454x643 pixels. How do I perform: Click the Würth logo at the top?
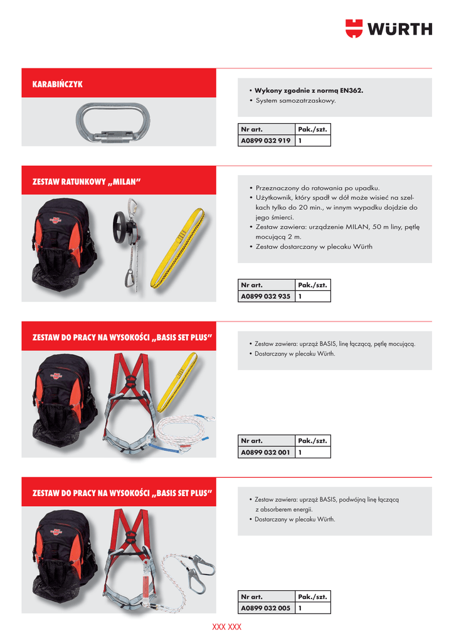click(x=388, y=29)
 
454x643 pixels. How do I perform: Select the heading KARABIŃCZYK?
click(x=58, y=84)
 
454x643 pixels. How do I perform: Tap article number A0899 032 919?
click(x=265, y=141)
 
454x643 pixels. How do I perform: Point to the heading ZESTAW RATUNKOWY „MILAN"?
click(x=87, y=182)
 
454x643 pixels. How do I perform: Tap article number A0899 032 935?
click(x=265, y=296)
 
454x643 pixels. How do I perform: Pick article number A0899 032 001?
click(x=265, y=452)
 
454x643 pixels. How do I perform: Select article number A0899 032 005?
click(x=265, y=608)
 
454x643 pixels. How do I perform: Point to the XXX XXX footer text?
click(x=226, y=627)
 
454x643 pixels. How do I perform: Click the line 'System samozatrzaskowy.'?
click(x=295, y=100)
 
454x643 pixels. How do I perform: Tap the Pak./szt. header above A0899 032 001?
click(x=312, y=441)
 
